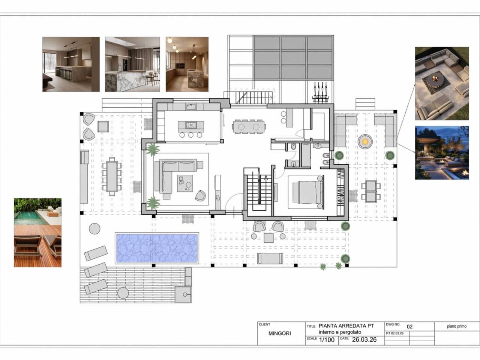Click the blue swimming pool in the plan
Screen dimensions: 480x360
coord(157,248)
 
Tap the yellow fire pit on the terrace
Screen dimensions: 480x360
coord(365,141)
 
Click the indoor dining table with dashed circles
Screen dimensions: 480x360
coord(249,126)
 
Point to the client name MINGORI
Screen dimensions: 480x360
coord(280,333)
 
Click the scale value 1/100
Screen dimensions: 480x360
coord(327,340)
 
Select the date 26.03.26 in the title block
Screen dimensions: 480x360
coord(364,339)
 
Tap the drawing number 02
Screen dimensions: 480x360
coord(409,327)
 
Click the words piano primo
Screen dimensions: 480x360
coord(457,326)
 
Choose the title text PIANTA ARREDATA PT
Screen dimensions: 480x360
coord(346,325)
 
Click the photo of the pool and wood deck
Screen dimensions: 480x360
coord(37,232)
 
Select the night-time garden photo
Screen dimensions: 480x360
coord(442,153)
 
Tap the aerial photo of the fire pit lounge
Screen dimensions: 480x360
coord(442,84)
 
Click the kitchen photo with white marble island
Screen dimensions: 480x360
coord(132,64)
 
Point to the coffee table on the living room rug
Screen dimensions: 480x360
coord(185,183)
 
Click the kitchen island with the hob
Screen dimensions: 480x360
coord(191,126)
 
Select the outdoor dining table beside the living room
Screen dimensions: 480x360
coord(112,176)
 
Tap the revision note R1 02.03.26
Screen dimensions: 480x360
coord(395,333)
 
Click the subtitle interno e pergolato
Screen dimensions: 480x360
coord(340,332)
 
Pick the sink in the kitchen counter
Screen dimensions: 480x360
coord(191,107)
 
